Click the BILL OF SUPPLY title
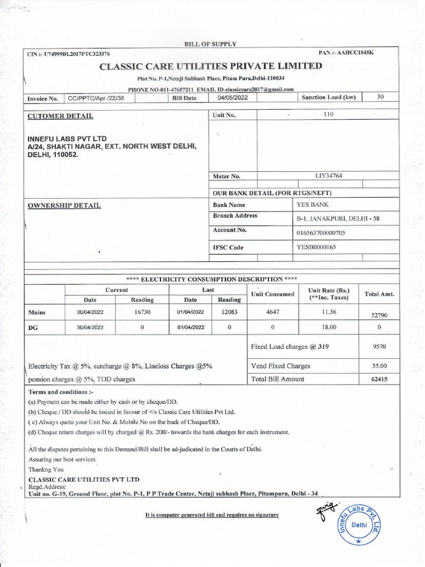click(210, 44)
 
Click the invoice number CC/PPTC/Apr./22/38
click(100, 98)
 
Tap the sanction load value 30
click(380, 97)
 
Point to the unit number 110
click(328, 115)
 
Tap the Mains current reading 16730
click(142, 312)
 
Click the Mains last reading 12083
click(229, 312)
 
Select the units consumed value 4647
click(272, 312)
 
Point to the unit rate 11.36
click(329, 312)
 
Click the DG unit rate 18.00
click(329, 327)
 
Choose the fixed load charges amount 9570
click(379, 347)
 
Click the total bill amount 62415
click(379, 379)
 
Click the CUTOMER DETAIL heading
click(60, 116)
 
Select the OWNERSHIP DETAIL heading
click(64, 205)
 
